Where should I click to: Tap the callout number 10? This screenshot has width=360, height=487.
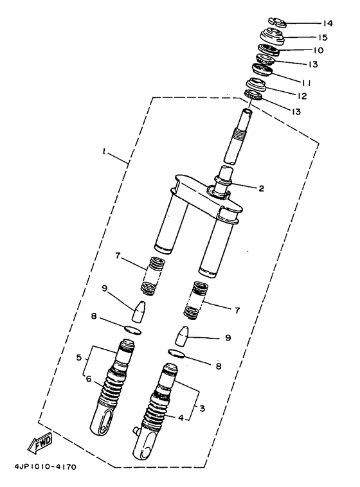coord(318,50)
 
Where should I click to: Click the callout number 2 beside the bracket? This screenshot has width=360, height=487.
coord(261,189)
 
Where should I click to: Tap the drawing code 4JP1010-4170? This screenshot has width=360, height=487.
coord(44,467)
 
